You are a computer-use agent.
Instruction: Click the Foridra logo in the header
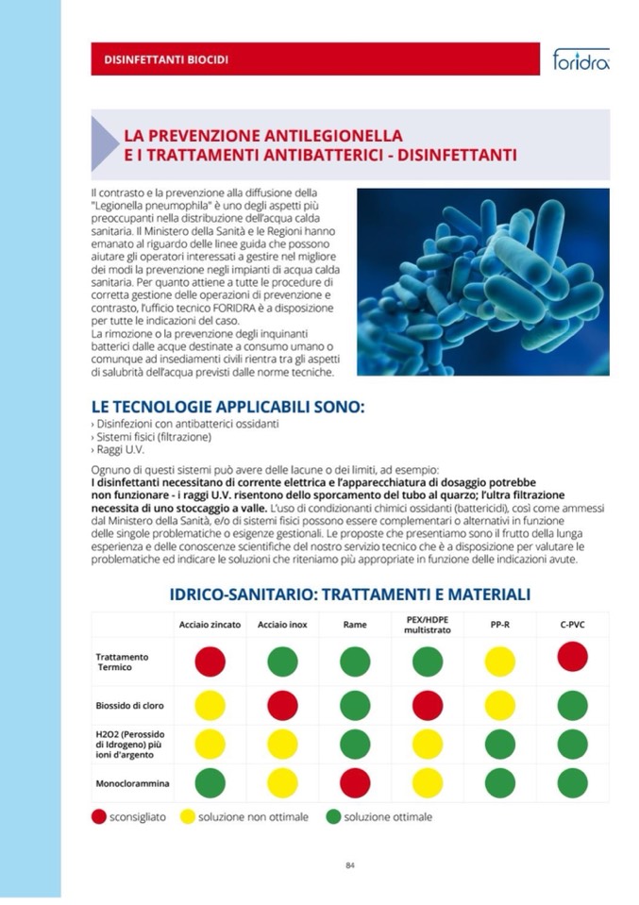(580, 60)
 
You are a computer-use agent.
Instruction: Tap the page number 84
(349, 864)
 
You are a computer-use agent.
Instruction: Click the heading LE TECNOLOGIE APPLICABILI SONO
(227, 407)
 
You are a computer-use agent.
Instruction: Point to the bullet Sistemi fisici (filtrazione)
(151, 437)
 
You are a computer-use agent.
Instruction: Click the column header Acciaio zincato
(210, 625)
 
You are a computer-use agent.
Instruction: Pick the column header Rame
(355, 625)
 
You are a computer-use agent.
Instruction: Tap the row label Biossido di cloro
(130, 705)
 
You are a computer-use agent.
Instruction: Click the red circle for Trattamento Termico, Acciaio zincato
(210, 661)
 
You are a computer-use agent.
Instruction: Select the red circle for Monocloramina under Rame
(355, 782)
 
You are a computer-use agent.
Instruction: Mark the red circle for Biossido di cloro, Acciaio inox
(282, 704)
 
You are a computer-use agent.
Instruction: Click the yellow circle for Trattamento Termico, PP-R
(499, 661)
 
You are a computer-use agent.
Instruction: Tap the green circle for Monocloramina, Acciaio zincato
(210, 782)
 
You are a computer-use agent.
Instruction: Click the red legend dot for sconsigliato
(98, 816)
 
